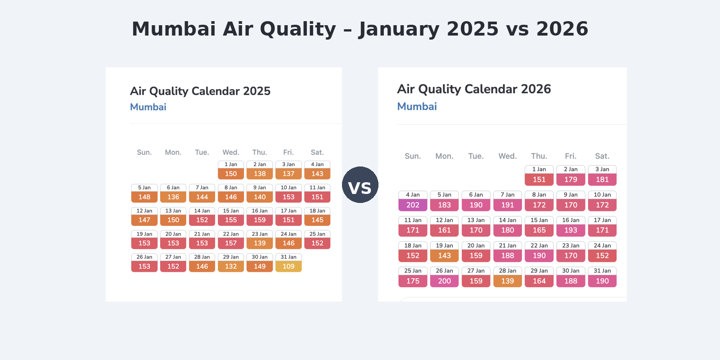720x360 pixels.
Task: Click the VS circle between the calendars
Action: click(x=360, y=185)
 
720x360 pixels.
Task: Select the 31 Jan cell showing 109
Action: click(x=288, y=263)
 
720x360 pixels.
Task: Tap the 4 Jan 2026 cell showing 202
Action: click(x=413, y=201)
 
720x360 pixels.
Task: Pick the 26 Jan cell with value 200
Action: click(x=444, y=277)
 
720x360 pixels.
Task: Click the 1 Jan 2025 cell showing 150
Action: click(x=231, y=170)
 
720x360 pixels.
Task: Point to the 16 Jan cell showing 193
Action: click(x=571, y=226)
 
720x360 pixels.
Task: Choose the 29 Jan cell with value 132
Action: click(x=231, y=263)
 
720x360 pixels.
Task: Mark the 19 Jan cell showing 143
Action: click(x=444, y=252)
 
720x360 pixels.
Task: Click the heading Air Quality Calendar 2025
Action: click(x=200, y=91)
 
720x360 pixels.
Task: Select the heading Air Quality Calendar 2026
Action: click(x=474, y=89)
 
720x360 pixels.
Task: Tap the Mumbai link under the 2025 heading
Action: click(x=148, y=107)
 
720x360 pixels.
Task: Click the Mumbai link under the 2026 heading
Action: click(x=417, y=107)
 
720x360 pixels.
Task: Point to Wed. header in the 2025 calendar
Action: click(x=231, y=153)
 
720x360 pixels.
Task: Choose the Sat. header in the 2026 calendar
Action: click(x=602, y=156)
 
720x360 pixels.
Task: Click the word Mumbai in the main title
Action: click(x=174, y=29)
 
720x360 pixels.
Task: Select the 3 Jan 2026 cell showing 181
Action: click(x=602, y=175)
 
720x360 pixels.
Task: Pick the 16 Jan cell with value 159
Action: click(x=260, y=216)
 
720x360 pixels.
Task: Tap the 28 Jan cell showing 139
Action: click(x=508, y=277)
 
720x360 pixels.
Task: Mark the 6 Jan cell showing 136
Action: click(x=173, y=193)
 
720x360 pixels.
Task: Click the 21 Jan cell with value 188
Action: click(x=508, y=252)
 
